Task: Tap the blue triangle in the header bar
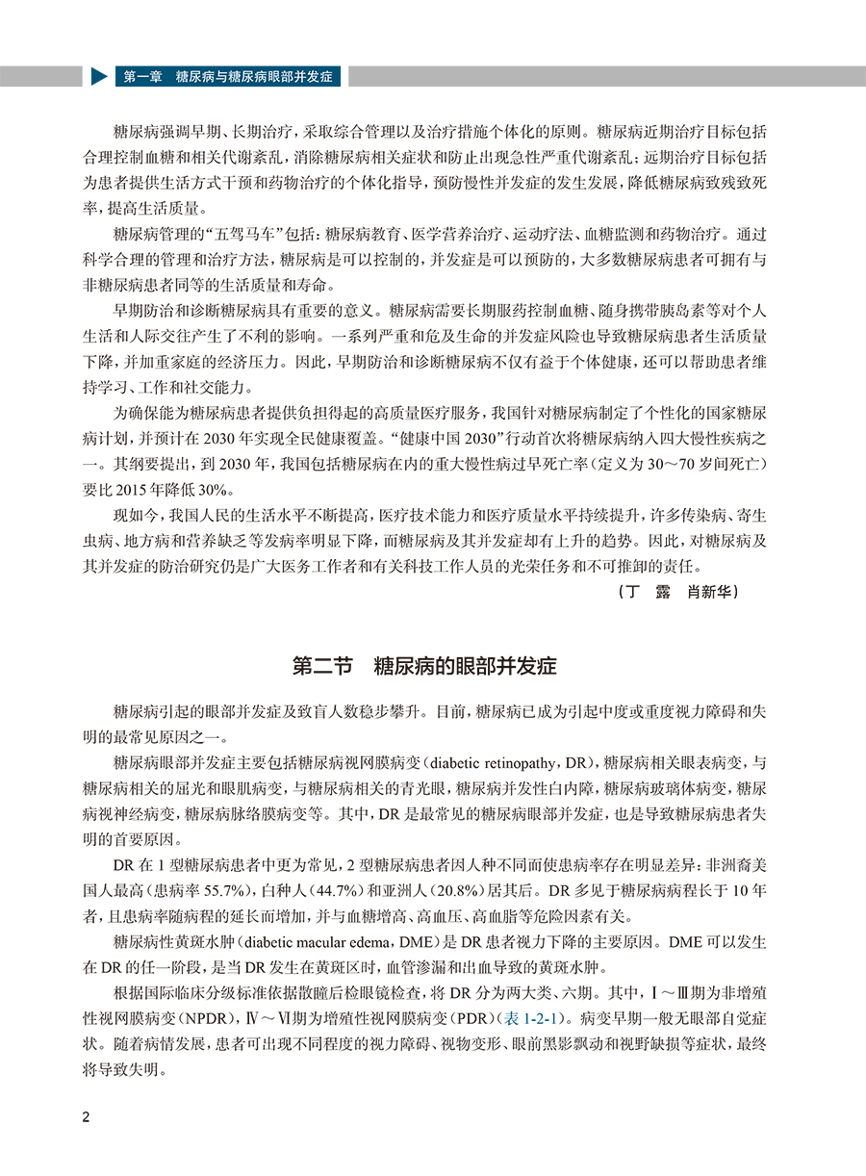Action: coord(99,76)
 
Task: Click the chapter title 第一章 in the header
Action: coord(140,76)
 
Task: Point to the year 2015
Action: coord(156,488)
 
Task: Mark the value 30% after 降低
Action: coord(231,488)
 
